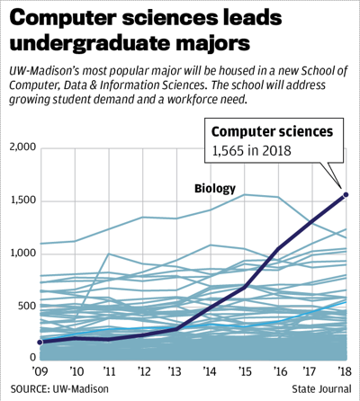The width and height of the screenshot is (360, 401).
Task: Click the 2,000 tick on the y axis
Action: (21, 147)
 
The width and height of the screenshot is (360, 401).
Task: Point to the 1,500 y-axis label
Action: (21, 200)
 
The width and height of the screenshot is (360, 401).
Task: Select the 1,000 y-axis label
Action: (21, 254)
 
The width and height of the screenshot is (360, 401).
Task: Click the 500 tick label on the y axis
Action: (26, 307)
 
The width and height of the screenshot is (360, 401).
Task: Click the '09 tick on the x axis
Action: (40, 372)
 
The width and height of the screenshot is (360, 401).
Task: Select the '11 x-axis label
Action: (108, 372)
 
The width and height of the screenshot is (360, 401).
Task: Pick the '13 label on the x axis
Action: (176, 372)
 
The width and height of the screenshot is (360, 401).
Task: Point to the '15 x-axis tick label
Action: (244, 372)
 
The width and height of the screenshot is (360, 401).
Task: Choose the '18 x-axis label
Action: (345, 372)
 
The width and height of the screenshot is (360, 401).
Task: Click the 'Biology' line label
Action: (214, 188)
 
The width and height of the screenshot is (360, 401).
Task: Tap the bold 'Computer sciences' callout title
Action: (272, 132)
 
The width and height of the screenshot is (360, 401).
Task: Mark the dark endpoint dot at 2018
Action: (346, 194)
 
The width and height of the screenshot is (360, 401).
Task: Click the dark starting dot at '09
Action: (40, 343)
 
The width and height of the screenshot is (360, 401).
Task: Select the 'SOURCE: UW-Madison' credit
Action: (55, 389)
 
